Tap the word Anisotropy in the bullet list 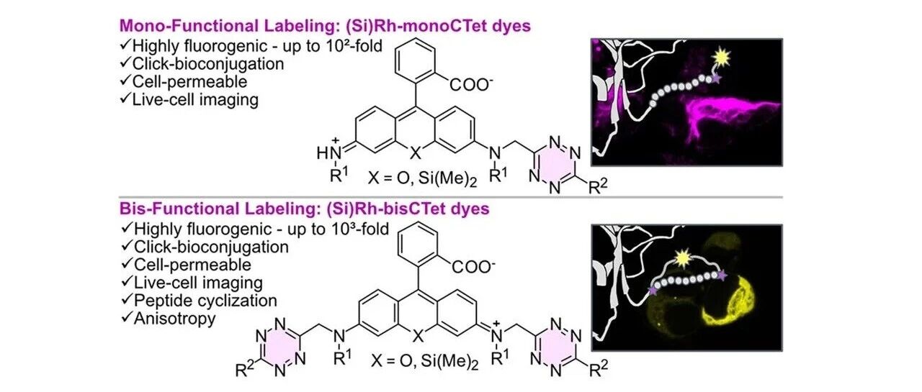(174, 319)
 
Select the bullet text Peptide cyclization (205, 301)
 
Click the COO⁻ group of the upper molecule (471, 84)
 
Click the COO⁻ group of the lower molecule (474, 267)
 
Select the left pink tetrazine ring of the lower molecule (279, 347)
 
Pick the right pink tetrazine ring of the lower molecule (555, 347)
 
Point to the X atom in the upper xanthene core (416, 153)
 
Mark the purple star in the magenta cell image (716, 78)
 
